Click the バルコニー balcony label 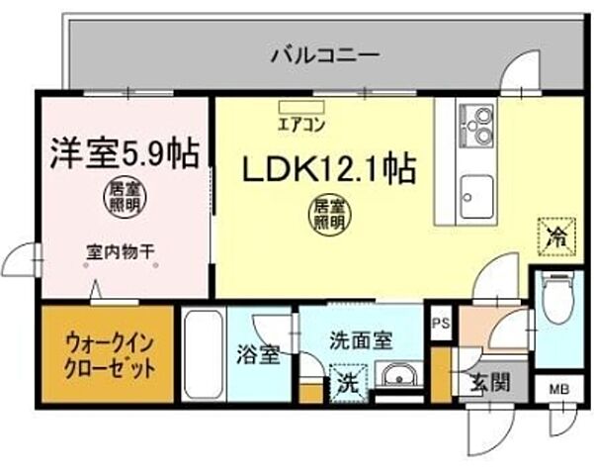tap(322, 55)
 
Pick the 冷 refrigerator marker tap(555, 237)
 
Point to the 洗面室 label tap(361, 338)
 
